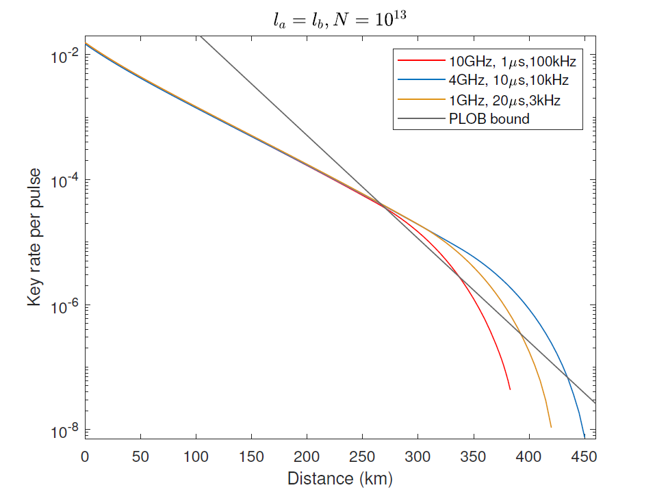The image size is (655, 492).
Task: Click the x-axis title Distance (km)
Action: pos(340,478)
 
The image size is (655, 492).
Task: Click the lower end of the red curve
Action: pos(510,389)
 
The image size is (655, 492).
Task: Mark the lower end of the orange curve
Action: pos(550,427)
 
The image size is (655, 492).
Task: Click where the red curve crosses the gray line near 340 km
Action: pos(459,276)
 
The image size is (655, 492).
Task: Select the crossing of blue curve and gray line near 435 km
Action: pos(567,376)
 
